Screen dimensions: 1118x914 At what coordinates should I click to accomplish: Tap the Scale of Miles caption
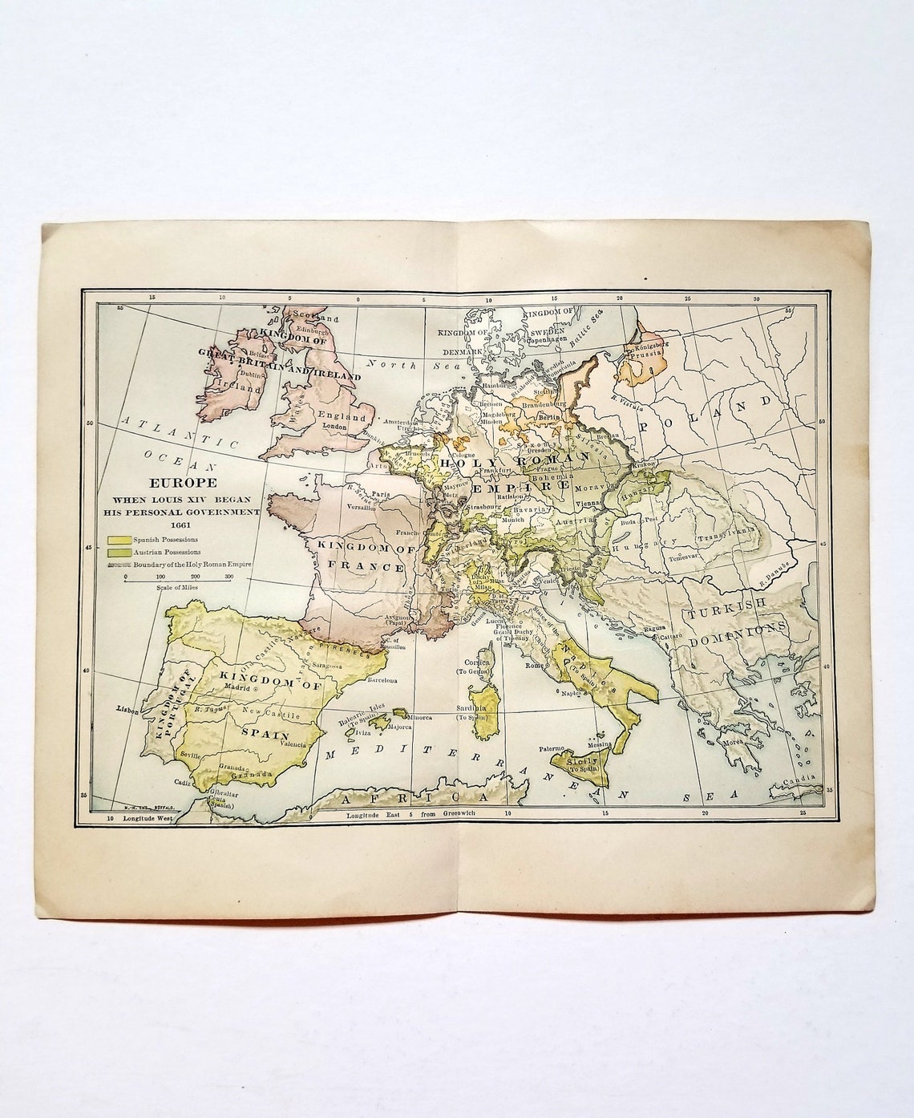click(174, 587)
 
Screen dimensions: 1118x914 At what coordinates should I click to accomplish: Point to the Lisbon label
click(127, 710)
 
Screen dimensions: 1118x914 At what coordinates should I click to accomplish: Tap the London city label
click(334, 427)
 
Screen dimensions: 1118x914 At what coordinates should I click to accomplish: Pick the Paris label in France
click(380, 494)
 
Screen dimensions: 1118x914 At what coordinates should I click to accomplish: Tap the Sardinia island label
click(473, 709)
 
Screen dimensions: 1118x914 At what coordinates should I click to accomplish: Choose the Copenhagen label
click(546, 339)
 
